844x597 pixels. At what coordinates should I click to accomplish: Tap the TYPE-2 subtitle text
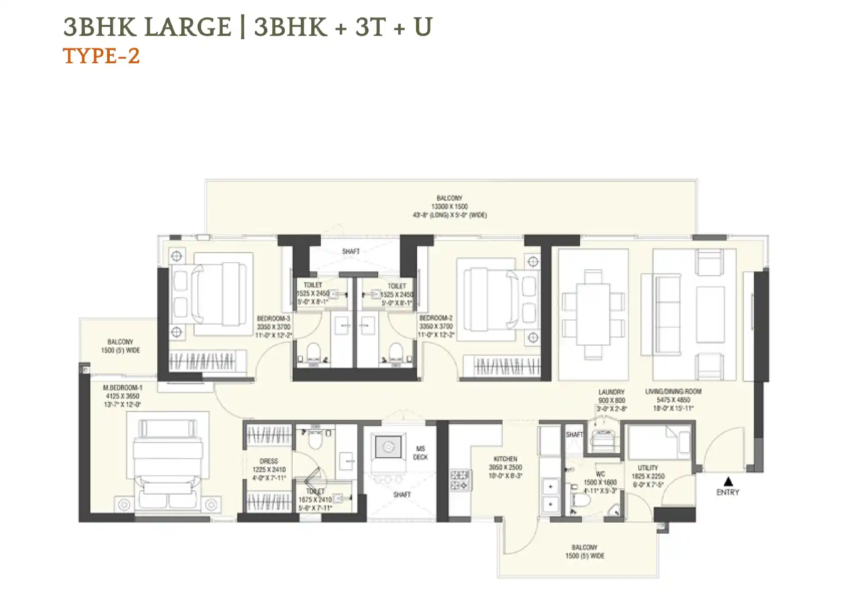(101, 56)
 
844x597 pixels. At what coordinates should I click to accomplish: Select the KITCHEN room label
(505, 459)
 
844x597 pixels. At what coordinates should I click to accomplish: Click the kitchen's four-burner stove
(459, 480)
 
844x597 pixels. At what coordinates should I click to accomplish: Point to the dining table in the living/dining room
(593, 315)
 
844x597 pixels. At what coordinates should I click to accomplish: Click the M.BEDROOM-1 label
(122, 387)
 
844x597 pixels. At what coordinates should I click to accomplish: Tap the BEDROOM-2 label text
(436, 318)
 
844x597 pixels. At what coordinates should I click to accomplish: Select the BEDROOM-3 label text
(273, 319)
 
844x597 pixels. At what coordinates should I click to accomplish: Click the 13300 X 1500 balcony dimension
(449, 206)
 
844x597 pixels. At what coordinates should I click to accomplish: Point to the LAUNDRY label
(611, 392)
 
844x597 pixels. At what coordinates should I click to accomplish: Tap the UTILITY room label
(648, 468)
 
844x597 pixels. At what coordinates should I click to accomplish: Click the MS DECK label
(420, 453)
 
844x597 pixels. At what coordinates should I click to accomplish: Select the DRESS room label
(268, 461)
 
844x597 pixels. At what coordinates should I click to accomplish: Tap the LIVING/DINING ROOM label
(673, 392)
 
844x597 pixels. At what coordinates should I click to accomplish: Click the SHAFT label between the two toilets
(351, 251)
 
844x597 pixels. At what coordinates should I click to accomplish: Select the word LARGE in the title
(187, 27)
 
